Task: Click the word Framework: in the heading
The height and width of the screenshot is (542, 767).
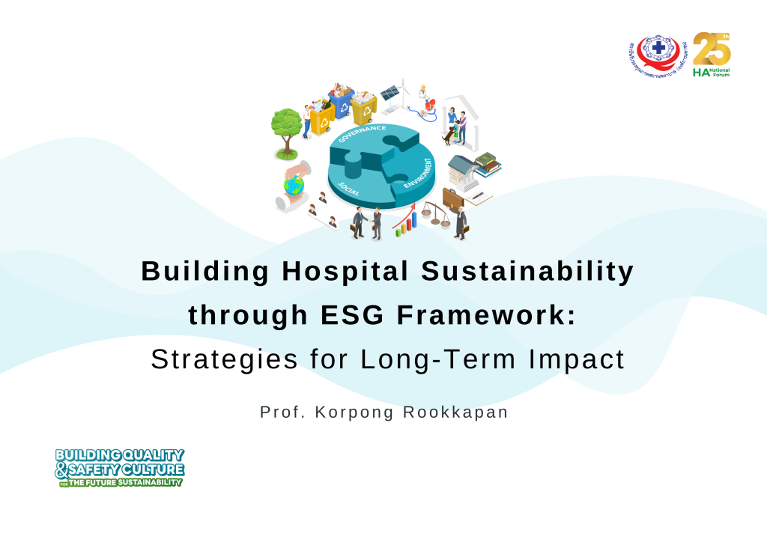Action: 487,315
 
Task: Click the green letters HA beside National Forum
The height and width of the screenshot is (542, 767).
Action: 701,73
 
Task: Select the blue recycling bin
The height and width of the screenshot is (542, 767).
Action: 342,103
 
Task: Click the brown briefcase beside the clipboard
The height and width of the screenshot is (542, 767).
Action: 452,198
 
